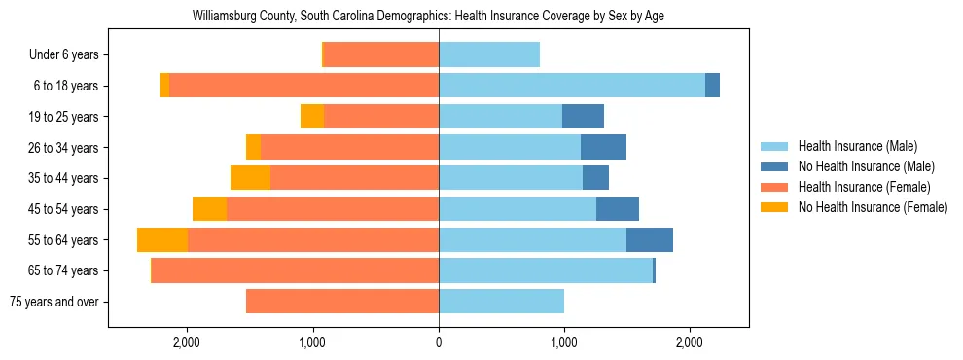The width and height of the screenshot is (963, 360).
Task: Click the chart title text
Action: [428, 17]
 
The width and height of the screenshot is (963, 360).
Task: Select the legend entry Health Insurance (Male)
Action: [857, 146]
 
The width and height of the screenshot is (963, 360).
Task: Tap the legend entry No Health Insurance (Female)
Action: [873, 207]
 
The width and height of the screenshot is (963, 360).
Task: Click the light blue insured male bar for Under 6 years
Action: [489, 55]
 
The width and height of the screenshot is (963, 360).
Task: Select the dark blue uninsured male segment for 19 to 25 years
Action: [583, 117]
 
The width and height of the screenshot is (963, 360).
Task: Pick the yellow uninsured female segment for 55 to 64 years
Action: [162, 240]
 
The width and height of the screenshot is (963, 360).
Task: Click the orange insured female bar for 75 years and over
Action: [342, 302]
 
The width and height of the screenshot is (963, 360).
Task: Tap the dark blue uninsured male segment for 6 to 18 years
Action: [712, 86]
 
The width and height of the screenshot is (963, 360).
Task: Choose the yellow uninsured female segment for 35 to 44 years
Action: [250, 178]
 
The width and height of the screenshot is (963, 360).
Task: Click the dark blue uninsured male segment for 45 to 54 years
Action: [618, 209]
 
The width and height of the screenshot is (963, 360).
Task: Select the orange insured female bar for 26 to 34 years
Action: [349, 147]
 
